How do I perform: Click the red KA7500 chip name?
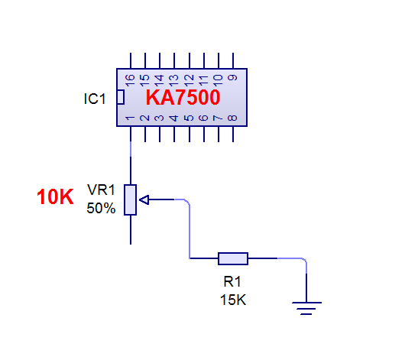[183, 97]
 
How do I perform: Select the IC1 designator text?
[95, 99]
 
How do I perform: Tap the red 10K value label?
[55, 196]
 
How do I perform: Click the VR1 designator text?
[101, 190]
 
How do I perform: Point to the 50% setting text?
[101, 208]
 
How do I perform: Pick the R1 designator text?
[232, 281]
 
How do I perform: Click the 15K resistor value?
[233, 300]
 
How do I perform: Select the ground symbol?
[307, 308]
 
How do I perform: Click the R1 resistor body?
[233, 258]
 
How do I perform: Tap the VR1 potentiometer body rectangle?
[130, 199]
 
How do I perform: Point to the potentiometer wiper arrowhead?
[144, 199]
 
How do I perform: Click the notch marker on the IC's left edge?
[121, 97]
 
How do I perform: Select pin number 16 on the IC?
[130, 79]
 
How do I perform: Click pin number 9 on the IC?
[232, 77]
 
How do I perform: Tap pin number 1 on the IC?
[130, 118]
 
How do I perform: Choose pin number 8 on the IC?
[232, 118]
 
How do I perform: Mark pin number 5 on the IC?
[189, 118]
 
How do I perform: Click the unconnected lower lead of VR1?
[131, 230]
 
